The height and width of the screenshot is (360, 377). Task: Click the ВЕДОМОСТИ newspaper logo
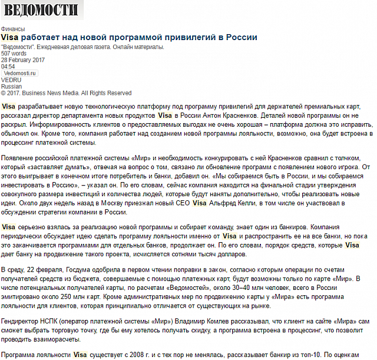click(42, 10)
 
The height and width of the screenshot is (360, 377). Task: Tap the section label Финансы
click(13, 29)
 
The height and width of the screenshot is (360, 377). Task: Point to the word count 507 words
click(14, 54)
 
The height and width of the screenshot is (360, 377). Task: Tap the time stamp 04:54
click(8, 67)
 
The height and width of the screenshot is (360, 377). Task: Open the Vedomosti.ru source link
click(20, 73)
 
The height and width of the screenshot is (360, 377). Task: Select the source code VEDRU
click(11, 80)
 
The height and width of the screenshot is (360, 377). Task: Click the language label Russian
click(12, 86)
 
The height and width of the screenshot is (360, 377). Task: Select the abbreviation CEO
click(181, 203)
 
